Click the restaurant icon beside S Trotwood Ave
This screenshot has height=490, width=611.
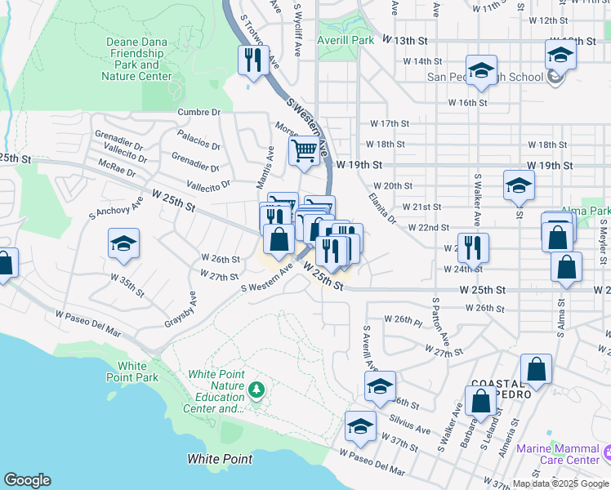(252, 60)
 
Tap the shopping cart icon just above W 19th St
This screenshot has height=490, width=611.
(304, 150)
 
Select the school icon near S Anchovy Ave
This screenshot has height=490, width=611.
(123, 243)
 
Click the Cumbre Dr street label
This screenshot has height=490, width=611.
(199, 112)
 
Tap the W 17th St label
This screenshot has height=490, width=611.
(389, 123)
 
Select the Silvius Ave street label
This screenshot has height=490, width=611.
(411, 425)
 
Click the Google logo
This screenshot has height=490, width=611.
(27, 480)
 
